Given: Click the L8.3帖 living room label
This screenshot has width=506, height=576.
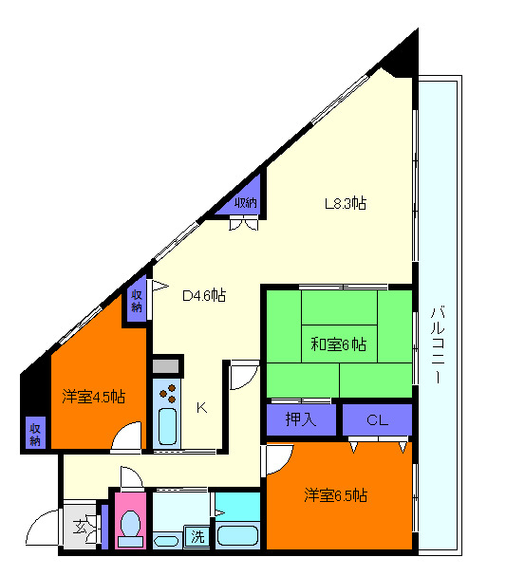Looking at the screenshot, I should point(347,203).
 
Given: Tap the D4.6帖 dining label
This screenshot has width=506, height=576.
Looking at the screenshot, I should point(204,295).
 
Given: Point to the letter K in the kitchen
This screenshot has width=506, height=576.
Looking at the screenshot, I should point(201,408).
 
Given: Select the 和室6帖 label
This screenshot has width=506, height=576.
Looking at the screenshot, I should point(339,344).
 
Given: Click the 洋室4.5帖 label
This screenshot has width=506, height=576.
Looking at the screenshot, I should point(94,396).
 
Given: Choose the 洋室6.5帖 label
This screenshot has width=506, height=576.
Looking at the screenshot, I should point(336,495).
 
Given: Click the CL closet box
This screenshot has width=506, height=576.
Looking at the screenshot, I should point(377,419).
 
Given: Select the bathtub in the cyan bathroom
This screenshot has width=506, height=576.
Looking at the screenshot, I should point(237,534).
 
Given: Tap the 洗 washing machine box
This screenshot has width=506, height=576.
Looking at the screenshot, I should point(197,535).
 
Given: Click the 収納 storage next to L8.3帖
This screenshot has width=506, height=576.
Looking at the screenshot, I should point(246,202).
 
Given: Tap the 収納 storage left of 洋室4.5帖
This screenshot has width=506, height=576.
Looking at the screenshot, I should point(35,432).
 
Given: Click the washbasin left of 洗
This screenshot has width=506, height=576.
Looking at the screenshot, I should point(165,541).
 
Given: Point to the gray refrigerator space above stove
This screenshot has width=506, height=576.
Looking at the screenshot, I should point(167,365).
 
